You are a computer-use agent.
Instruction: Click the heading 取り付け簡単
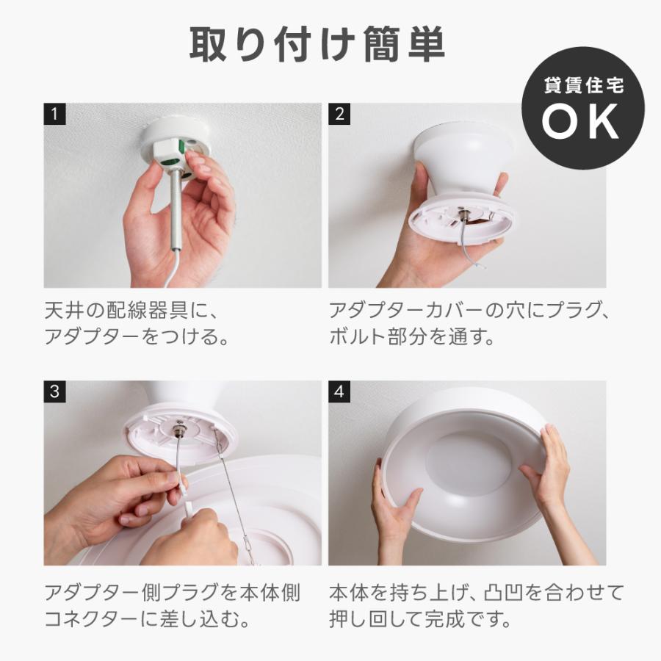tap(317, 46)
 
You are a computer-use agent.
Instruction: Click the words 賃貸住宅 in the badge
tap(583, 86)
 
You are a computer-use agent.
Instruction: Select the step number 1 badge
tap(54, 114)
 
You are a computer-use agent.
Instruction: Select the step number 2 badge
tap(339, 114)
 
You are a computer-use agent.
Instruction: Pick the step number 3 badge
tap(54, 391)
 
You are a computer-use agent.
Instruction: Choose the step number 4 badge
tap(339, 391)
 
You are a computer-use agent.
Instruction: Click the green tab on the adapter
tap(176, 152)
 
